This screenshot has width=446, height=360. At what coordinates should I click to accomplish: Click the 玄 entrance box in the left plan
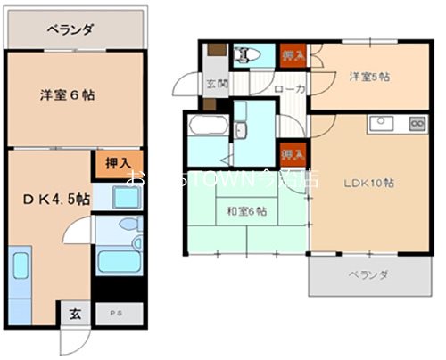pyautogui.click(x=75, y=313)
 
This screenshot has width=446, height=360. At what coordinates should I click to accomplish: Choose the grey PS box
pyautogui.click(x=112, y=313)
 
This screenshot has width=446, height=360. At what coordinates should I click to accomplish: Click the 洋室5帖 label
pyautogui.click(x=367, y=78)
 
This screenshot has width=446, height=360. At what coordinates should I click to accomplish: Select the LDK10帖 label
pyautogui.click(x=368, y=183)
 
